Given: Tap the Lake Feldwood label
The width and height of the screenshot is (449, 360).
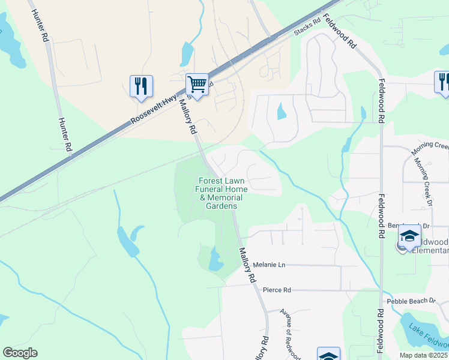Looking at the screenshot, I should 427,336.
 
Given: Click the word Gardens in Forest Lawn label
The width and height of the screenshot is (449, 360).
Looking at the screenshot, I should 221,206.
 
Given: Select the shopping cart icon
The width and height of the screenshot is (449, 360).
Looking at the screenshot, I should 197,84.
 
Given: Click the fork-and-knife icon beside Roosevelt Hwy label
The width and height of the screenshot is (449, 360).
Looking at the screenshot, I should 141,86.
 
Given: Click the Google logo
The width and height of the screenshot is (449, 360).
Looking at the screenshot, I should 20,353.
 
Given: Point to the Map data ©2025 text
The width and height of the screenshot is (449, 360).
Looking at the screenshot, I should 423,355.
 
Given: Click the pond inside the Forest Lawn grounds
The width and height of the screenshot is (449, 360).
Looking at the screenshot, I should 214,260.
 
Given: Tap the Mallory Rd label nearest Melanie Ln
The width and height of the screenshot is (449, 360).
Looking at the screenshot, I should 247,265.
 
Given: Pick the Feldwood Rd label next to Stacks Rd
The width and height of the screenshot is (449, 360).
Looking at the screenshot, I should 340,31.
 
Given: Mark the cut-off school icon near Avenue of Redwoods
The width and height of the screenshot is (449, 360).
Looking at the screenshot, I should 328,354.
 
